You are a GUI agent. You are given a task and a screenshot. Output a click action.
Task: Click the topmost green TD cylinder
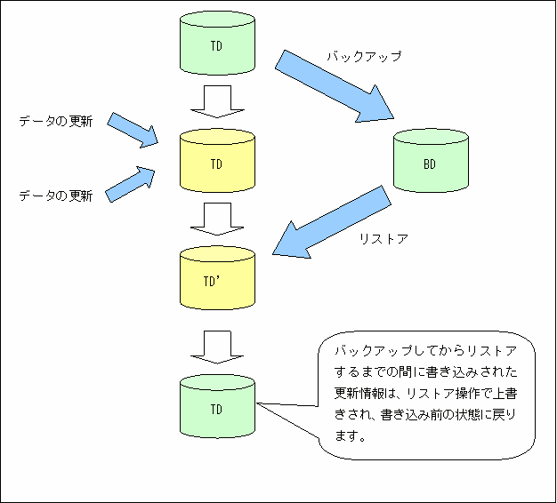(217, 43)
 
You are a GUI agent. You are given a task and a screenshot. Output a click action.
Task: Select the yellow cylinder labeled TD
(217, 161)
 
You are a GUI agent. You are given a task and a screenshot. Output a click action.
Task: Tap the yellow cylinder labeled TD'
(217, 278)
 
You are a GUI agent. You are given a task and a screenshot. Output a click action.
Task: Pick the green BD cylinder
(431, 161)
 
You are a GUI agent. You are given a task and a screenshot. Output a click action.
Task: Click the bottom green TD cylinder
(217, 406)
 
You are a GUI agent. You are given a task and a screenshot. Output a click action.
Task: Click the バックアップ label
(364, 56)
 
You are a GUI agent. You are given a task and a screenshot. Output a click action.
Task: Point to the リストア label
(383, 239)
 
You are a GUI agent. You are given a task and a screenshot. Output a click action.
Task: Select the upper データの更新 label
(56, 122)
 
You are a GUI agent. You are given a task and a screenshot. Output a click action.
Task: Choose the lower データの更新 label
(56, 196)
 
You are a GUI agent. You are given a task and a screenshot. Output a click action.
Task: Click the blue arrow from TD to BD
(335, 86)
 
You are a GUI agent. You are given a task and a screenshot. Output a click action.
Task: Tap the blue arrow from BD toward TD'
(332, 221)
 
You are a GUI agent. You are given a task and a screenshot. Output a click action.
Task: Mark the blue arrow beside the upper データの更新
(133, 130)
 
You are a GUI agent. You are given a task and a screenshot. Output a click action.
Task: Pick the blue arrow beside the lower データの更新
(130, 185)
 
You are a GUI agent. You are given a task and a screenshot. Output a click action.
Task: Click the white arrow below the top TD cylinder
(217, 101)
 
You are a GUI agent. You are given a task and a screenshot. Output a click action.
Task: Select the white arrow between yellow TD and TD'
(217, 219)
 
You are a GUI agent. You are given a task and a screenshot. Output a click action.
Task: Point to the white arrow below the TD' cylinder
(217, 347)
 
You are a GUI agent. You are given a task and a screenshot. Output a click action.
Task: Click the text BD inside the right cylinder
(430, 164)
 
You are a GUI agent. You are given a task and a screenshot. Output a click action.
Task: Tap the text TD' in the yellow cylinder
(212, 282)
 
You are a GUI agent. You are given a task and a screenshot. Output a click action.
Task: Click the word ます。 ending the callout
(351, 436)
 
